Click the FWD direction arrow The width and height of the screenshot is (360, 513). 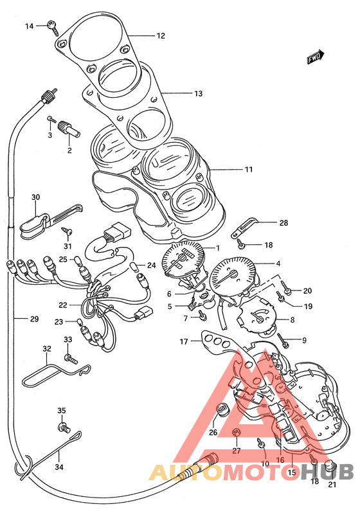[x=316, y=57]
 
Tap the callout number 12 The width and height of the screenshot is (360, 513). [x=161, y=35]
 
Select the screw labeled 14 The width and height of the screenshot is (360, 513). [x=53, y=27]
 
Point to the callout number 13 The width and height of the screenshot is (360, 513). [x=199, y=94]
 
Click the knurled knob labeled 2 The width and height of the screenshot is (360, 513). [x=69, y=129]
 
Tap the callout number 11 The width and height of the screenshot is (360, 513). [x=249, y=170]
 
